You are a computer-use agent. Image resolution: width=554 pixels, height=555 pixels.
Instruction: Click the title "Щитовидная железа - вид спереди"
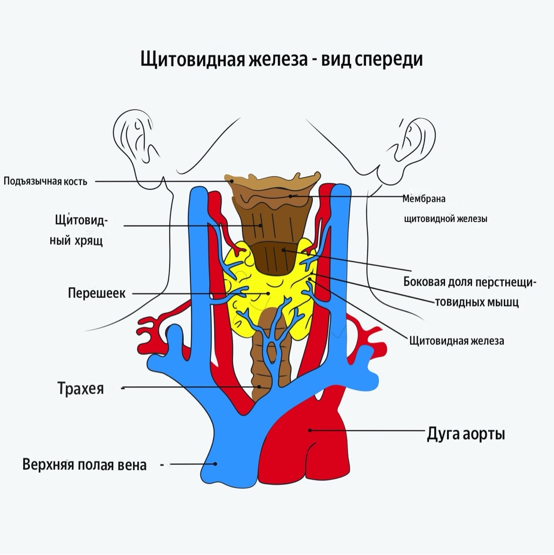281,60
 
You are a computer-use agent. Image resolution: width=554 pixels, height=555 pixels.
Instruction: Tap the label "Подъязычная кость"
45,181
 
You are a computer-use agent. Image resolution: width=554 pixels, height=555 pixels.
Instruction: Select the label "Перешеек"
97,293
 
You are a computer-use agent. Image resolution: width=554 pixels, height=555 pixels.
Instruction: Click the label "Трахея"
80,388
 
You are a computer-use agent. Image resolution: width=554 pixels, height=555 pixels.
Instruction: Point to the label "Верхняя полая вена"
85,465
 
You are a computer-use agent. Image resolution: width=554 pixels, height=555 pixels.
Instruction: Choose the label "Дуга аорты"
466,433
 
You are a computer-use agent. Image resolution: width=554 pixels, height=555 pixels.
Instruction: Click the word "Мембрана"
424,199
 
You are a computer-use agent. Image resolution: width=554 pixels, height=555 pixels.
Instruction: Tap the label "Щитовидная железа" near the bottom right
456,340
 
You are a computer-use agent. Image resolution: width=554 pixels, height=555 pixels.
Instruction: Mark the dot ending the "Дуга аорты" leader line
310,430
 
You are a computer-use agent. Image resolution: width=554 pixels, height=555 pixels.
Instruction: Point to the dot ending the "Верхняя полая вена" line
215,464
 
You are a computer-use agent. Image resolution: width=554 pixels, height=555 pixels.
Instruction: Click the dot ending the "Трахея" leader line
259,387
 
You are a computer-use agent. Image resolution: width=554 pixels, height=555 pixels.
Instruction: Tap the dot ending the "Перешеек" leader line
268,294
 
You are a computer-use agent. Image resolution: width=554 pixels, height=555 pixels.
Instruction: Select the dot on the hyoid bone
232,180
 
